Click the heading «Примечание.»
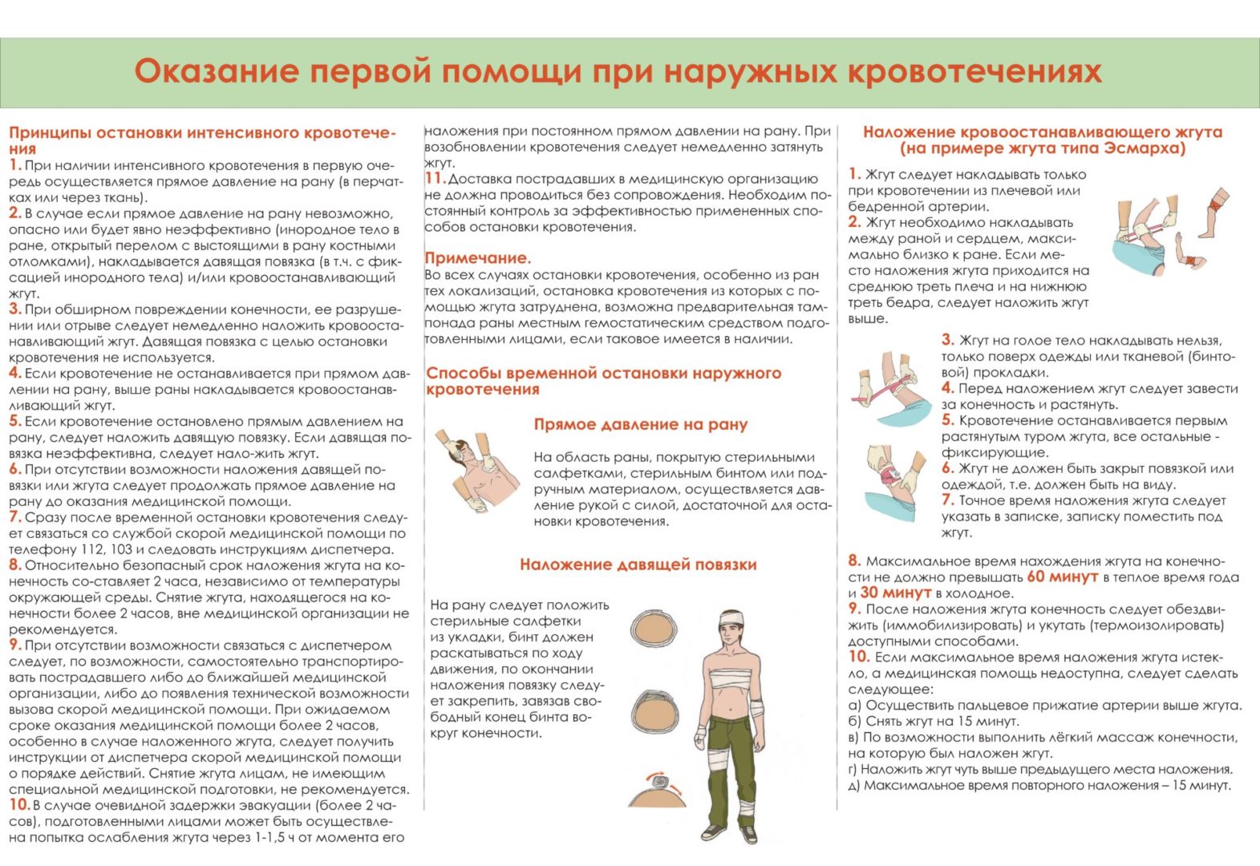coord(477,258)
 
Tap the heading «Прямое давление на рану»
coord(640,424)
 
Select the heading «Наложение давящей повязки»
coord(638,565)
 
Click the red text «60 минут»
coord(1062,577)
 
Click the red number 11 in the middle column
coord(434,179)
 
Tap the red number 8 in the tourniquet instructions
coord(854,560)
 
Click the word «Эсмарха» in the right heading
coord(1144,148)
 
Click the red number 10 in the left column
coord(18,805)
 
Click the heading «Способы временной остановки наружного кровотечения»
coord(603,381)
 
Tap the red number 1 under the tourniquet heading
coord(854,174)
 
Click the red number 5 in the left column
coord(14,421)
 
